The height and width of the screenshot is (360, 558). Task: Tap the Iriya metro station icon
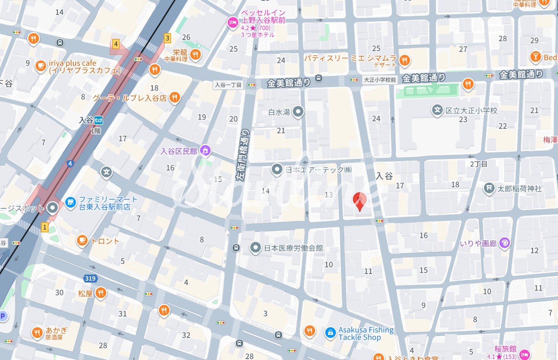click(x=99, y=120)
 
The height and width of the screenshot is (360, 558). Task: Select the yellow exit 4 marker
click(x=116, y=44)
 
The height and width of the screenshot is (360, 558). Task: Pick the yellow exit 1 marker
click(x=45, y=227)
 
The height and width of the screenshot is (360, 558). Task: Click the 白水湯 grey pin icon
click(x=299, y=112)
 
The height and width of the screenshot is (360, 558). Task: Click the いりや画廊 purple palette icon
click(x=505, y=243)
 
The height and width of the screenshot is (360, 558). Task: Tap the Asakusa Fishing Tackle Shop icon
click(x=330, y=333)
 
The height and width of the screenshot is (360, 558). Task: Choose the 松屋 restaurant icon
click(x=100, y=293)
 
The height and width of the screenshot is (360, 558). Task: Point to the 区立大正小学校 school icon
click(x=437, y=110)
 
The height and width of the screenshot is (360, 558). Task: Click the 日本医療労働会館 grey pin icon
click(x=255, y=247)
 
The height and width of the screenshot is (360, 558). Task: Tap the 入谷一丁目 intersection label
click(x=228, y=85)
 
